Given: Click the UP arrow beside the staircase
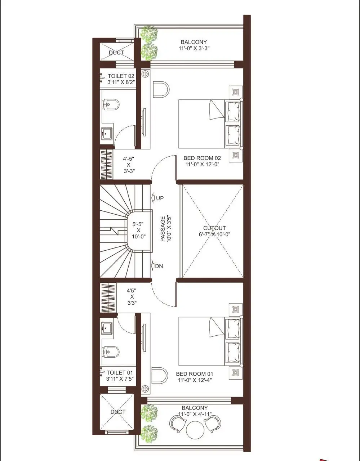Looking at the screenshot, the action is [153, 198].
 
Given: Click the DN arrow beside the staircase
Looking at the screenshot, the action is [153, 265].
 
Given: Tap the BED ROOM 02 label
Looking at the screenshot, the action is [202, 158].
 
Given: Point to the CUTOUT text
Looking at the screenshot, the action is [214, 228].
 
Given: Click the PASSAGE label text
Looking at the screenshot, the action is [163, 229].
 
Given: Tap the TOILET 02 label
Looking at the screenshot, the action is [121, 76].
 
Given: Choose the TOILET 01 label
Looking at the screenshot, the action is [120, 372].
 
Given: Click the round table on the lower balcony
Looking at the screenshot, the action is [195, 429].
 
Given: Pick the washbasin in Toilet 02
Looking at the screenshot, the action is [107, 134].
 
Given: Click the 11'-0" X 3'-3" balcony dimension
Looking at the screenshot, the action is [194, 48].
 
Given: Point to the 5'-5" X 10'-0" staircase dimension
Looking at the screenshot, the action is [138, 230].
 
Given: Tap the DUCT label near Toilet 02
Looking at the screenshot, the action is [116, 53].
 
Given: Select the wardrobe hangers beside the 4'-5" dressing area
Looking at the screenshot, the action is [106, 165].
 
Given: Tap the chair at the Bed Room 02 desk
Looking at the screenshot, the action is [161, 90].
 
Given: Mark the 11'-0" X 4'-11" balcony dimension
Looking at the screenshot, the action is [195, 414].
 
